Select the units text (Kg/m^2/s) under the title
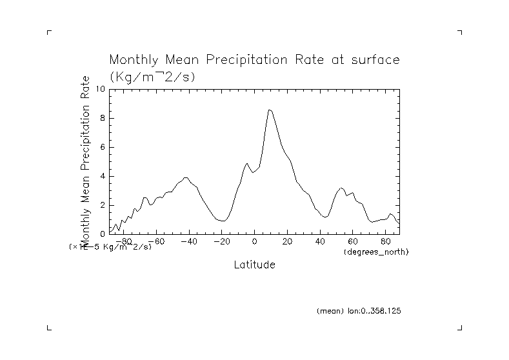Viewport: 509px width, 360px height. tap(152, 76)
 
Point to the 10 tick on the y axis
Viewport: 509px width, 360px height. tap(100, 89)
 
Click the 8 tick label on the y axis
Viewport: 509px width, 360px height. tap(102, 118)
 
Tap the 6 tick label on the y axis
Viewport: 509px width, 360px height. tap(102, 147)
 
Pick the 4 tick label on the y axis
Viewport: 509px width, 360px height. tap(102, 176)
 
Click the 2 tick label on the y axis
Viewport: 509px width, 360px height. tap(102, 205)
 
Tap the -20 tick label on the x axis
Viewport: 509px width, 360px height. tap(221, 242)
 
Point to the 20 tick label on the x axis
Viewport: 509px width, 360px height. tap(287, 242)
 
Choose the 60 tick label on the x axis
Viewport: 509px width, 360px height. tap(353, 242)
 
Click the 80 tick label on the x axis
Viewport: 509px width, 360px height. tap(386, 242)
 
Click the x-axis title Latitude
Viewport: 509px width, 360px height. tap(254, 265)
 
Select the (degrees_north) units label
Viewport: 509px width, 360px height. tap(376, 251)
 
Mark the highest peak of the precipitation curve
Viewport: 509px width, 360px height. tap(270, 110)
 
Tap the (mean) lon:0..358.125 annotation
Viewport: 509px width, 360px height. tap(359, 310)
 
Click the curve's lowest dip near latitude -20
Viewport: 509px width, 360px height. tap(223, 221)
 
